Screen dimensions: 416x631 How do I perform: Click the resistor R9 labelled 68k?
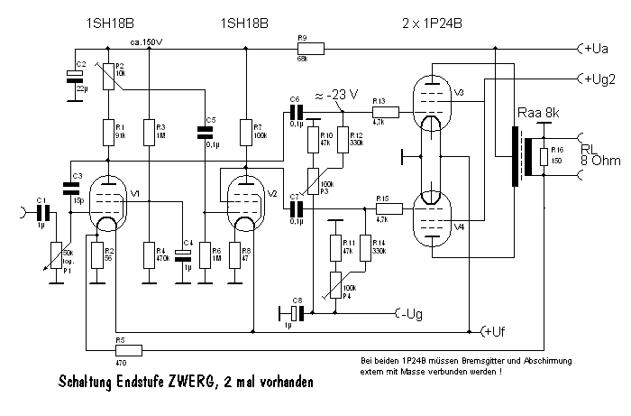coord(303,50)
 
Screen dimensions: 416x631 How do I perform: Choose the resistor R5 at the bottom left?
coord(128,349)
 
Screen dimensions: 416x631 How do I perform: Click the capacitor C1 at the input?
coord(41,214)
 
